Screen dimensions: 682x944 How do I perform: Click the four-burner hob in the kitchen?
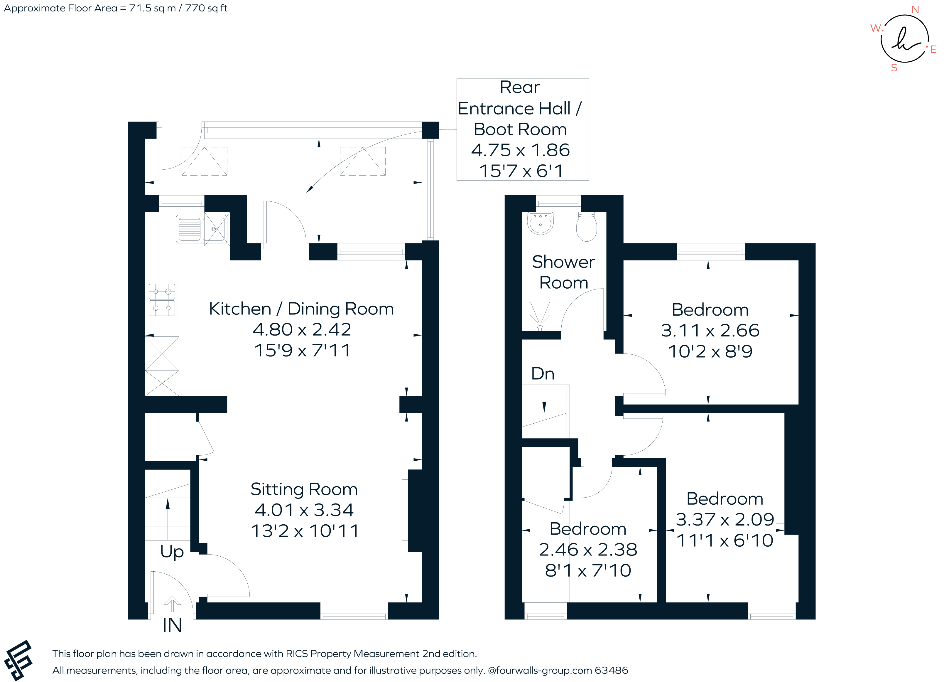(x=162, y=300)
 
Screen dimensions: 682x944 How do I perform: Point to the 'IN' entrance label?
(x=172, y=625)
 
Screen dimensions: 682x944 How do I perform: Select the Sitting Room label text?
(x=304, y=489)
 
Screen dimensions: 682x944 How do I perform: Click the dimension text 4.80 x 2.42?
(x=302, y=330)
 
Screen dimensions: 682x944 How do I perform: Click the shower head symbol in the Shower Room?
(x=540, y=315)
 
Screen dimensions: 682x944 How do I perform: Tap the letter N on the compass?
(x=915, y=10)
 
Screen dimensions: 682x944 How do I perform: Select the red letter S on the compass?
(x=894, y=68)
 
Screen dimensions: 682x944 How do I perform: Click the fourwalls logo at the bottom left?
(x=18, y=660)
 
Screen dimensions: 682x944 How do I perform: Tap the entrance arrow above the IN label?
(x=172, y=604)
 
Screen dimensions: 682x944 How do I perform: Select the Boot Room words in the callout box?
(x=520, y=129)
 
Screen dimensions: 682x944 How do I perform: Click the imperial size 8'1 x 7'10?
(x=588, y=570)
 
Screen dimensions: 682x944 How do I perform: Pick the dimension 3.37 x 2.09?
(x=724, y=520)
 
